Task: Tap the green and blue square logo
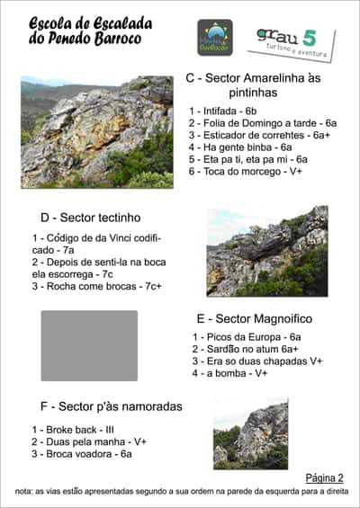[215, 38]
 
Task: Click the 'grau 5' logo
[290, 41]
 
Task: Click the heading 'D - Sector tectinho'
[91, 217]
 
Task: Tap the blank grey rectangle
[89, 345]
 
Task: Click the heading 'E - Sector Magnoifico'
[254, 318]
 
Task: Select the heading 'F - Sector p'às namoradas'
[112, 406]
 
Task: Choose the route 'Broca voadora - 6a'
[82, 454]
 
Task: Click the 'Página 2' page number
[325, 478]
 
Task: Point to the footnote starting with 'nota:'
[180, 492]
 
